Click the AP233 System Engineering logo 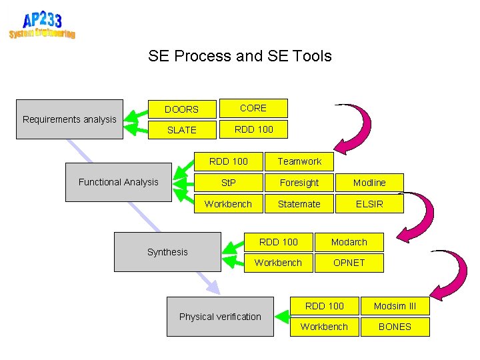click(x=41, y=25)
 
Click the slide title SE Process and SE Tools click(x=240, y=56)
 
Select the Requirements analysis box click(x=69, y=119)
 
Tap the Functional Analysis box click(x=119, y=182)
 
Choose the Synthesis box click(x=167, y=252)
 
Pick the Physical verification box click(x=220, y=317)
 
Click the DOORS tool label click(x=181, y=109)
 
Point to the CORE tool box click(x=253, y=108)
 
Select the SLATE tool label click(x=181, y=130)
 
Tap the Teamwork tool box click(x=299, y=161)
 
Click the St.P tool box click(x=228, y=183)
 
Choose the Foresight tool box click(x=299, y=183)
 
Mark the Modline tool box click(x=369, y=183)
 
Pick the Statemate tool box click(x=299, y=204)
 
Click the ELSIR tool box click(x=369, y=204)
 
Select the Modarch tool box click(x=349, y=242)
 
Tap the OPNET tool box click(x=349, y=263)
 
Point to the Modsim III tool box click(x=395, y=306)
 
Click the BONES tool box click(x=395, y=327)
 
